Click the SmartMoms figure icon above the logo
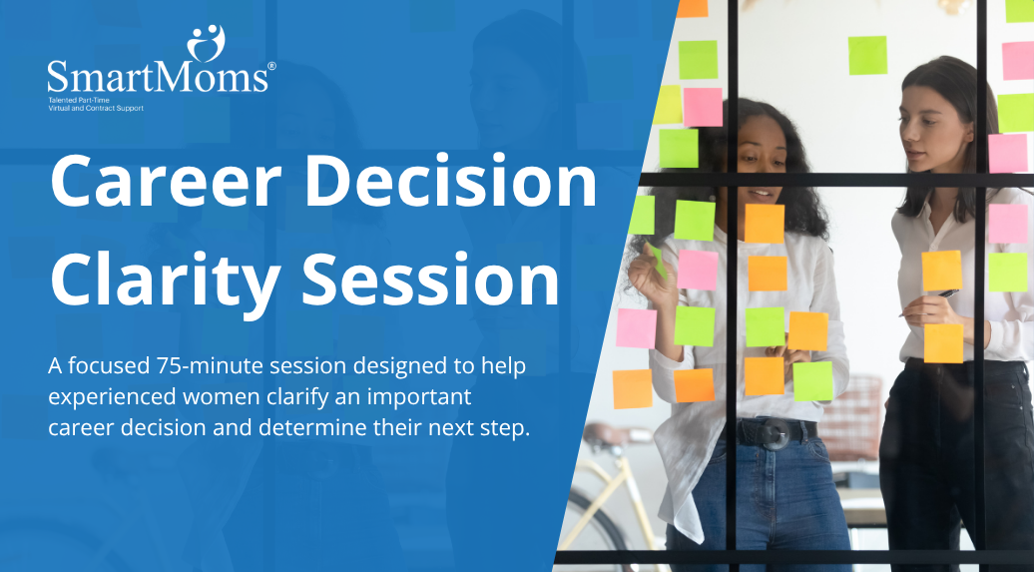pos(206,43)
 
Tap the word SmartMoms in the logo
pos(158,77)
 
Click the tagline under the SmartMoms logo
pos(96,104)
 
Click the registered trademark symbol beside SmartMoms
pos(271,66)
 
